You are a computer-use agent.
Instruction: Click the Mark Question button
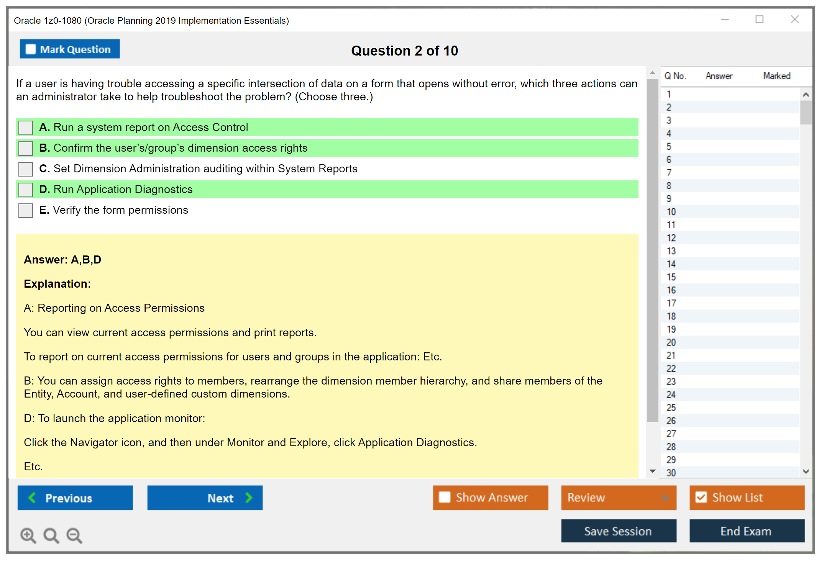(70, 49)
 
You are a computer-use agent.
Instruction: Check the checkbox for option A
(26, 128)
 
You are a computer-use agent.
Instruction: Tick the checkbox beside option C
(26, 169)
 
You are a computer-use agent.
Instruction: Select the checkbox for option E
(26, 211)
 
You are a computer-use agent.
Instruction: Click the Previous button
(75, 498)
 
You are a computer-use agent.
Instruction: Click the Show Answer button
(490, 498)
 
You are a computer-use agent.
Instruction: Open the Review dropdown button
(619, 498)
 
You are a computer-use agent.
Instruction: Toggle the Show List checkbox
(701, 498)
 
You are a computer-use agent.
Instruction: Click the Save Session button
(619, 531)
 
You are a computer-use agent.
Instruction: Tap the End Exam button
(747, 531)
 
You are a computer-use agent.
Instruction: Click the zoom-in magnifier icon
(28, 535)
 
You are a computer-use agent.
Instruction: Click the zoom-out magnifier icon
(74, 535)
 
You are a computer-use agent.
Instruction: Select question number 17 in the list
(671, 303)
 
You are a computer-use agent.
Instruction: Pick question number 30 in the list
(671, 473)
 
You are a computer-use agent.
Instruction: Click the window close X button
(795, 20)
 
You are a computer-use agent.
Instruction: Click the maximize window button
(759, 20)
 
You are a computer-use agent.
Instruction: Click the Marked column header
(777, 76)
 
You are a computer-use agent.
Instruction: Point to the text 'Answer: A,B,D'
(62, 260)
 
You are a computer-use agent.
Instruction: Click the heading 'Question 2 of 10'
(404, 51)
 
